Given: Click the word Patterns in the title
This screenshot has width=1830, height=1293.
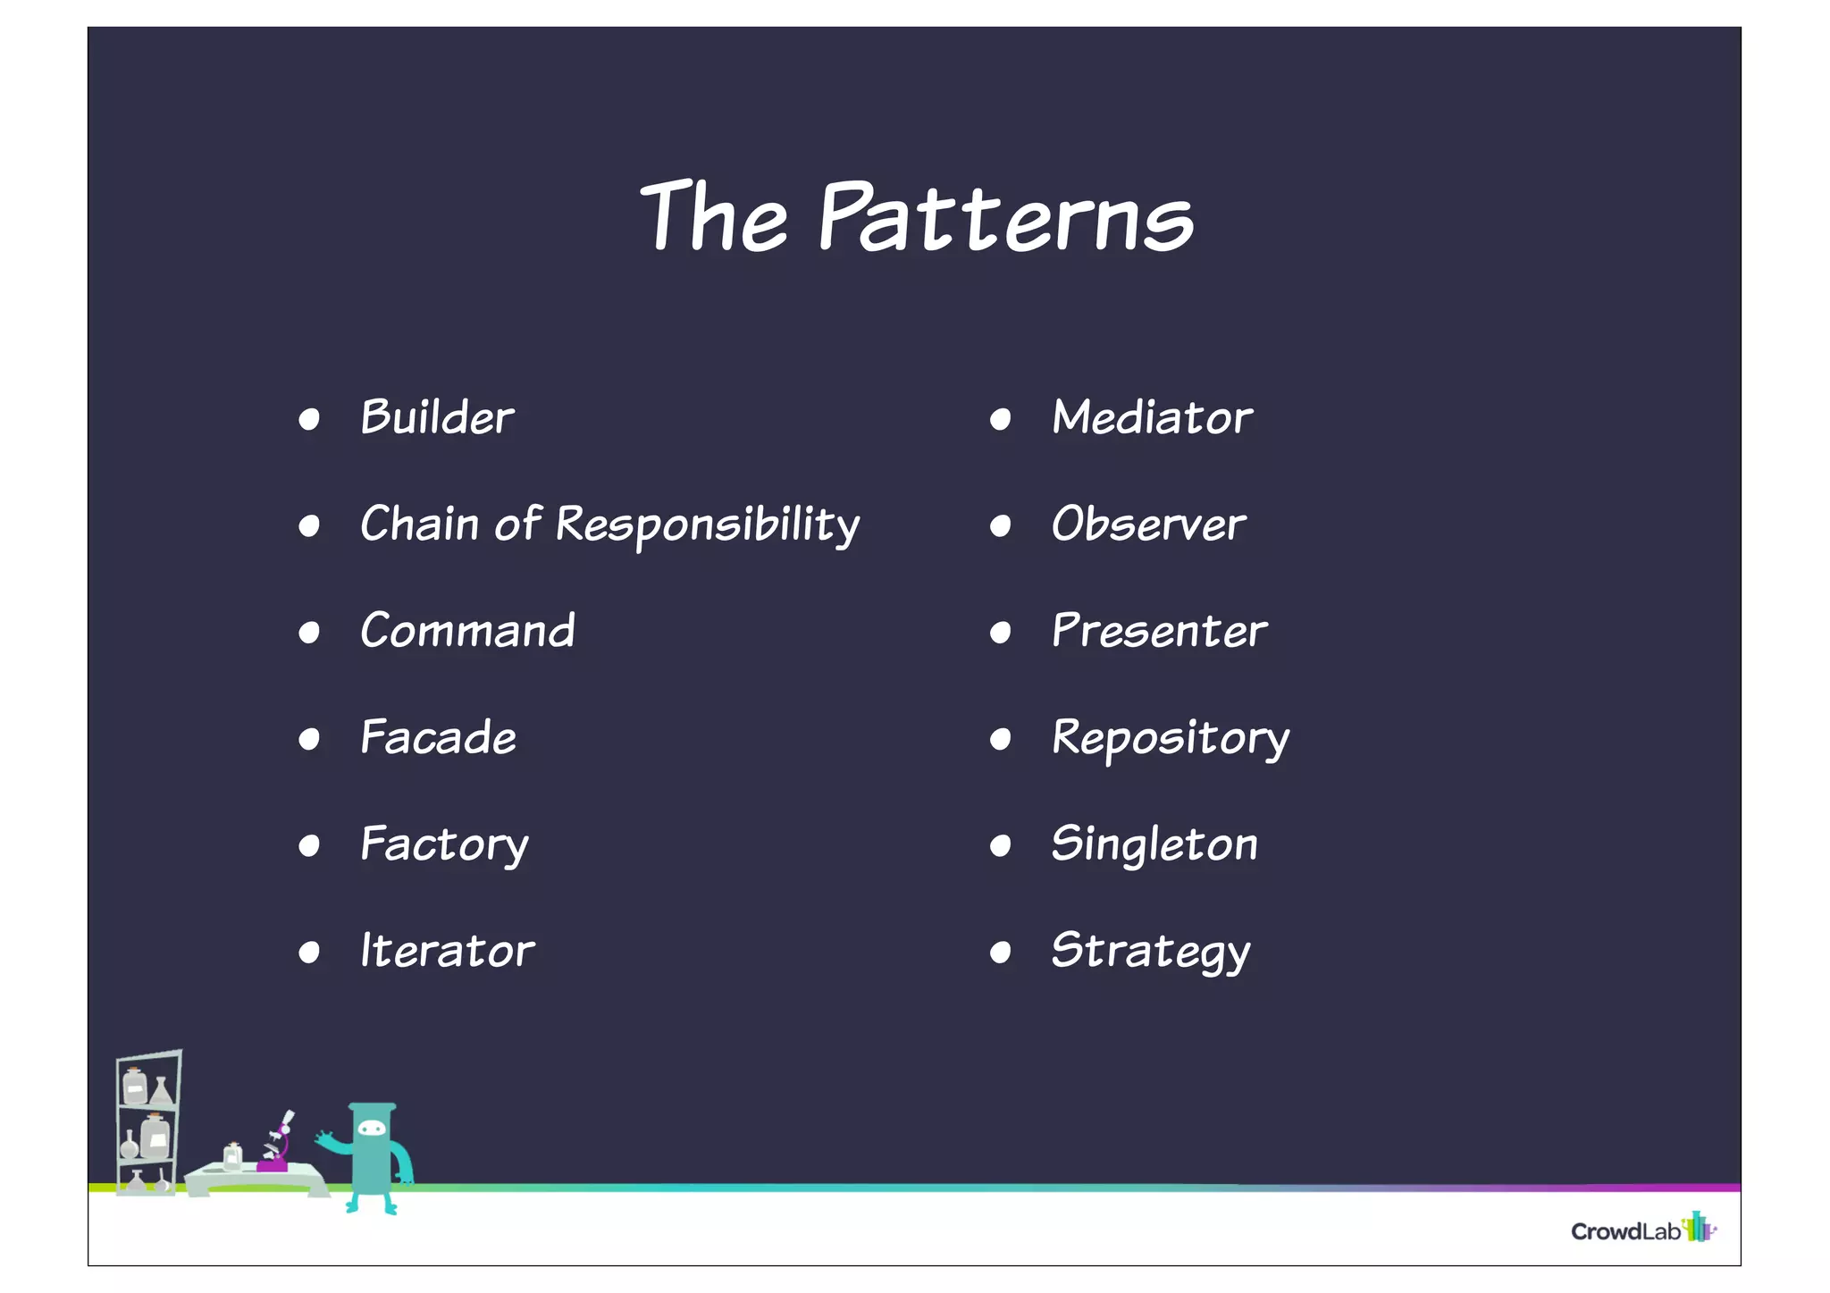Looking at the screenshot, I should point(1005,217).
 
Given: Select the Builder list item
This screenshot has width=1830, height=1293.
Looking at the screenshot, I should point(437,418).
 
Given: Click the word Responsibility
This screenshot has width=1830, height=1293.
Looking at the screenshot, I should point(707,525).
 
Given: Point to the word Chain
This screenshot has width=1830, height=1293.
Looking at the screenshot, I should point(419,525).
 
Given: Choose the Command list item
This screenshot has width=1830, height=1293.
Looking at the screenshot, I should point(467,632).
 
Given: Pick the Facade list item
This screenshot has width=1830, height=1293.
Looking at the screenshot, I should point(438,738).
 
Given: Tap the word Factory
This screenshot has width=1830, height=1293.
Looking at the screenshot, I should point(444,845).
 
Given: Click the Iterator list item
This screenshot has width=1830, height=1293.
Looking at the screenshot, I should point(447,951).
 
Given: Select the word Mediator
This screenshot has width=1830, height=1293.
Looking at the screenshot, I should point(1152,418).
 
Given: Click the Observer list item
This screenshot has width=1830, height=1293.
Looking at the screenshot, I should point(1148,525).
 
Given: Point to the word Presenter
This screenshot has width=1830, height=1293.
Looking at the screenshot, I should point(1159,632).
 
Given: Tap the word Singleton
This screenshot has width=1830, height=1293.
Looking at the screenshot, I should point(1154,845).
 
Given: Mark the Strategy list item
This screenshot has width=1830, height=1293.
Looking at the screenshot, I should point(1151,952).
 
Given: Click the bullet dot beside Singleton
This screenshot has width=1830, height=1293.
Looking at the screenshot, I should point(1000,846).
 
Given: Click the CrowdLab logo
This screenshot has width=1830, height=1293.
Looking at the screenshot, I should point(1642,1230).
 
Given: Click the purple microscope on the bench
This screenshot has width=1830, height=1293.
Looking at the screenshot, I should point(276,1147).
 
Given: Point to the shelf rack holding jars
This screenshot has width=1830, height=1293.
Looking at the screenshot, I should point(147,1122).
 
